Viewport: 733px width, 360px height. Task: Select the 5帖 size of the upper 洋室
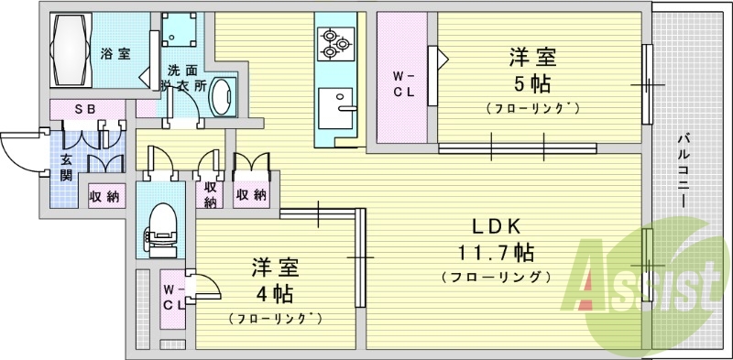coord(532,84)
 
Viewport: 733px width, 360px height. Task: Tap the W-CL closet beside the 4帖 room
coord(173,298)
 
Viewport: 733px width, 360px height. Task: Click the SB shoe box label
coord(85,108)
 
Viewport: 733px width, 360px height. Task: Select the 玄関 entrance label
coord(67,168)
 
